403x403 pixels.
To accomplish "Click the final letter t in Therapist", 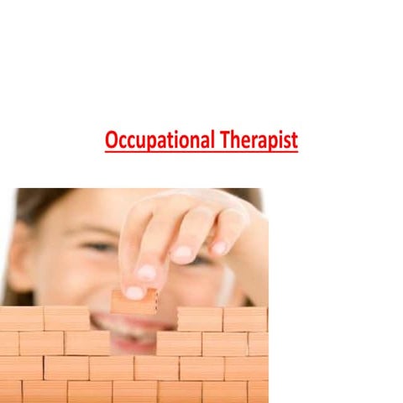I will coord(294,140).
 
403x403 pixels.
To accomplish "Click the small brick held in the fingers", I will coord(133,302).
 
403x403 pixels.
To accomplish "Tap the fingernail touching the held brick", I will coord(134,292).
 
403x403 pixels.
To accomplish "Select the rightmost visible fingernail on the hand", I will coord(219,248).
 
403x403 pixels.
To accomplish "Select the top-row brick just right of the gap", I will coord(200,319).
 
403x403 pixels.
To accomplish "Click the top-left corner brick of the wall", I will coord(21,319).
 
